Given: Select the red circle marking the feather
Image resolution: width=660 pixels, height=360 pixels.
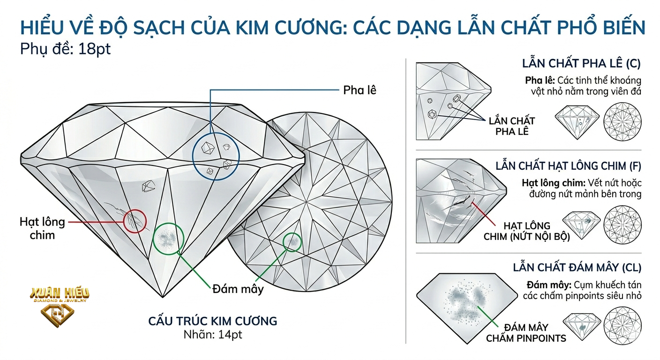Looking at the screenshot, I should click(x=135, y=221).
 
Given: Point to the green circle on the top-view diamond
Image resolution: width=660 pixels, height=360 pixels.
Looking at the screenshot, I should click(x=292, y=242).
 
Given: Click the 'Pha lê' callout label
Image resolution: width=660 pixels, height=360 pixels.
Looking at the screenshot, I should click(x=360, y=90).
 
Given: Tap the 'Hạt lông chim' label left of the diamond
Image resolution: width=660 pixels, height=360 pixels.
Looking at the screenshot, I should click(x=42, y=228).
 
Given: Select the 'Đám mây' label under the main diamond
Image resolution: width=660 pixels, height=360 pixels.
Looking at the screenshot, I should click(x=238, y=289).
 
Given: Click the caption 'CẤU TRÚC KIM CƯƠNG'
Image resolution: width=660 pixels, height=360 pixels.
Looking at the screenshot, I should click(x=213, y=321).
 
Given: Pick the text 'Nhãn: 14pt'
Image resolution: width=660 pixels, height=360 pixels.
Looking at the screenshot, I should click(x=213, y=335).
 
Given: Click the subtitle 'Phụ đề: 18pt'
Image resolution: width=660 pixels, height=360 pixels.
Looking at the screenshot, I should click(x=66, y=49).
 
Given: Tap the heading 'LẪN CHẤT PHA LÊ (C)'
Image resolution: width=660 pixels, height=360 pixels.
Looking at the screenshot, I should click(x=581, y=64).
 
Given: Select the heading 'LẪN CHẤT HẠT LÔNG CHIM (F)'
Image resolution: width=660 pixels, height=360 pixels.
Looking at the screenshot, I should click(x=568, y=166).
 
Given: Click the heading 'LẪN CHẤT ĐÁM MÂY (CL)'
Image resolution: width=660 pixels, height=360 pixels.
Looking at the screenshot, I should click(x=577, y=268).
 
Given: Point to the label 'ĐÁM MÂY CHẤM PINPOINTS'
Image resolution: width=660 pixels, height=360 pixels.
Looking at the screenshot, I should click(x=526, y=333).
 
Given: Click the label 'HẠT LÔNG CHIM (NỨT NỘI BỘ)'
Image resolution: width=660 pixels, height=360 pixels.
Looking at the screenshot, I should click(x=527, y=232).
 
